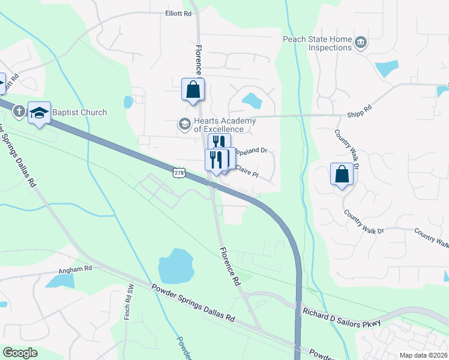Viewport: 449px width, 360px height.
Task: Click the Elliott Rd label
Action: click(178, 13)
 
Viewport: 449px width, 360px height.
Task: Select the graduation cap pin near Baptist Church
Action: click(39, 113)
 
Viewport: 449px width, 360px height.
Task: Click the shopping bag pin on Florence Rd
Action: click(193, 90)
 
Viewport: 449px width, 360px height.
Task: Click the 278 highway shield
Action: click(178, 173)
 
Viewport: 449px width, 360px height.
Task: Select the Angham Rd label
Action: click(79, 269)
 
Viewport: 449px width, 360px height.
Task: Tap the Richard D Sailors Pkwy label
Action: click(342, 317)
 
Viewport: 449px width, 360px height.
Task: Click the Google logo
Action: click(20, 353)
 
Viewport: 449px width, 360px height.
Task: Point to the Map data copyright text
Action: click(423, 355)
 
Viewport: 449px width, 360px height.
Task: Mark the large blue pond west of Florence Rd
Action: click(175, 265)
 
